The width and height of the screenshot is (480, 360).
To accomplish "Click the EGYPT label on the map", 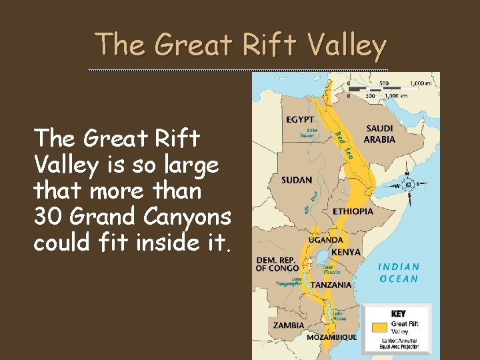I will point(301,120).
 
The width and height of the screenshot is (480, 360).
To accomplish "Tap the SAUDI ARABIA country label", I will point(379,134).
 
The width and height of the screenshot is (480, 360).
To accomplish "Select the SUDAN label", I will point(297,180).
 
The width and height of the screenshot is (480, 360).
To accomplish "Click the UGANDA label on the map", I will point(326,240).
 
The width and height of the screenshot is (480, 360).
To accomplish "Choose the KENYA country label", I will point(345,253).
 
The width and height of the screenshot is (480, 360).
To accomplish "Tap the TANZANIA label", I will point(331,285).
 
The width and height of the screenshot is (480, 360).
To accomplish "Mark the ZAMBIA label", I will point(289,325).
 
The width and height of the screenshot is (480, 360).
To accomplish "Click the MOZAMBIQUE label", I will point(331,337).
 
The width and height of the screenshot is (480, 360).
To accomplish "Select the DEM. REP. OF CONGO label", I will point(277,264).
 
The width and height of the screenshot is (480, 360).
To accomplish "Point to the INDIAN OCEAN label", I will point(399,273).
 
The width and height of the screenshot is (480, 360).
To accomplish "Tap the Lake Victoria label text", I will point(332,269).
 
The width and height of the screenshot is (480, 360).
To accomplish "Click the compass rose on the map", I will point(409,185).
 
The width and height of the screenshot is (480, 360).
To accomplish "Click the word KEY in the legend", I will point(399,313).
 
